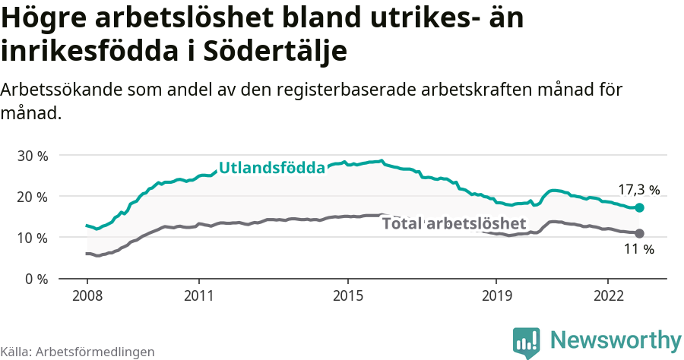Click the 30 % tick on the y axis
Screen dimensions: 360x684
[x=32, y=156]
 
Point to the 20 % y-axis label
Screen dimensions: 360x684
[x=32, y=197]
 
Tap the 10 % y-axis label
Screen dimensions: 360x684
[x=32, y=238]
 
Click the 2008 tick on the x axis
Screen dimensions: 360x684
[x=87, y=295]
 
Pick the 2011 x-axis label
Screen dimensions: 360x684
[x=198, y=295]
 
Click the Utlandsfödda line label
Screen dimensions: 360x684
[x=272, y=169]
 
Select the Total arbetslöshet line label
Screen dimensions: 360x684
[x=454, y=223]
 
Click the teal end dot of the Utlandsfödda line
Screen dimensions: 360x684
[x=640, y=207]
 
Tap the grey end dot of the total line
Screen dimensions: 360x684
[x=640, y=233]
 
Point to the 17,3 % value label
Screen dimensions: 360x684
[x=638, y=190]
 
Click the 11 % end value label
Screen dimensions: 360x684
[x=638, y=249]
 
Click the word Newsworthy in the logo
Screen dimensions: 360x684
[x=616, y=339]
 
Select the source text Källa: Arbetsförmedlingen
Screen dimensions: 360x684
[x=78, y=352]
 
